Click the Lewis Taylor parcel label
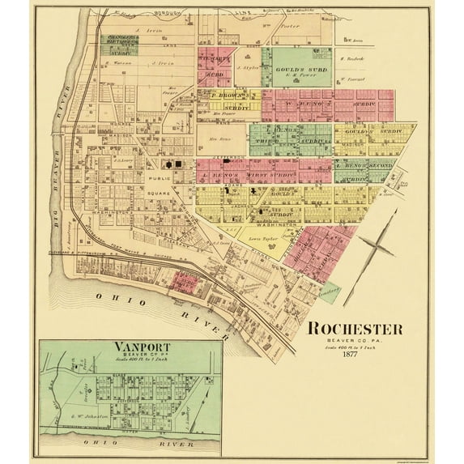(x=262, y=241)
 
